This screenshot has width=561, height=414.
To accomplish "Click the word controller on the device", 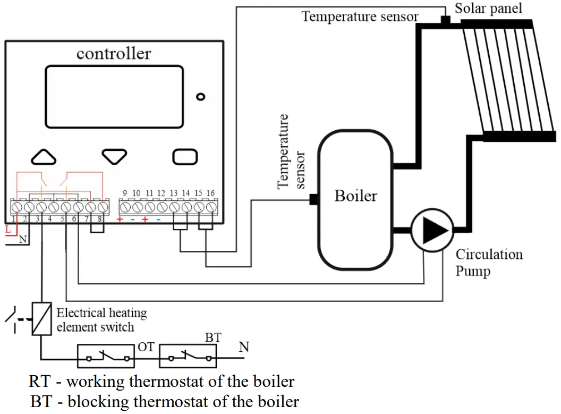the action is (x=114, y=54).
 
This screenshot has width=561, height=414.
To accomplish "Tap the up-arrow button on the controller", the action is (x=44, y=157).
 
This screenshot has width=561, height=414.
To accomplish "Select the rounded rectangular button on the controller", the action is (x=185, y=157).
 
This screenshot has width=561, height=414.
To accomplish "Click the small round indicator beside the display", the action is (x=201, y=97).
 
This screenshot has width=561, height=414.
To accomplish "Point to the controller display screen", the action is (x=115, y=97).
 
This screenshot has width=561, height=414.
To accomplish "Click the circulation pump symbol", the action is (x=432, y=230).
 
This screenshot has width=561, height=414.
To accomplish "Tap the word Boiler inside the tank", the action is (x=355, y=196).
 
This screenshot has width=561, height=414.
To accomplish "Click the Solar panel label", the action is (x=488, y=8).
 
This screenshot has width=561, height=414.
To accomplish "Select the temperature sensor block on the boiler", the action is (x=313, y=199).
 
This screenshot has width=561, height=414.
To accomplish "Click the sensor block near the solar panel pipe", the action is (x=445, y=20).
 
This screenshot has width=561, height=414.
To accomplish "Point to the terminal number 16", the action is (x=210, y=193).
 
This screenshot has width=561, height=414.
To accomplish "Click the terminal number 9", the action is (x=125, y=193).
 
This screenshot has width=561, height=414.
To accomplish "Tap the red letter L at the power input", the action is (x=8, y=230).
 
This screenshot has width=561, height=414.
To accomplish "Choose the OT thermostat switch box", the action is (x=106, y=356).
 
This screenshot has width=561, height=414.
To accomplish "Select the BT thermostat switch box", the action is (x=188, y=356).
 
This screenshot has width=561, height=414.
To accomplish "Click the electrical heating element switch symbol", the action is (x=41, y=319).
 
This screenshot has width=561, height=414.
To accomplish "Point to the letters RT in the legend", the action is (x=39, y=382).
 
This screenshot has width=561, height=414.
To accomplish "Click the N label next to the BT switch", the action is (x=244, y=347).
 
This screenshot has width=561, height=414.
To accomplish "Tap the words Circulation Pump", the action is (x=489, y=263).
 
